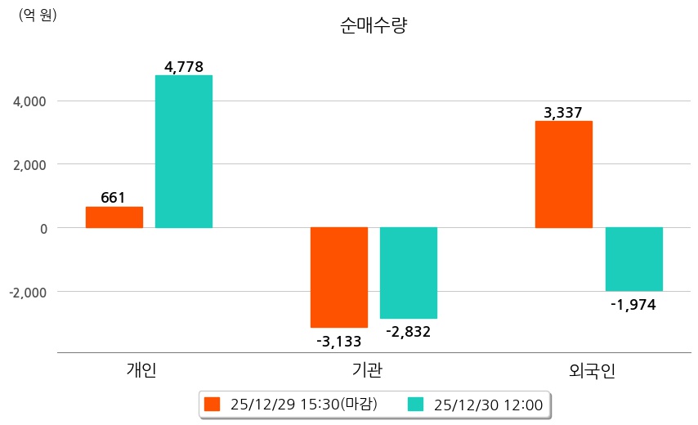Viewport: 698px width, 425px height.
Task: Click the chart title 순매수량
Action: coord(374,26)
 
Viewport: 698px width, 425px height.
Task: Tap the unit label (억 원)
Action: coord(38,15)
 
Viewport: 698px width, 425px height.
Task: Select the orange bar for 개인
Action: coord(114,217)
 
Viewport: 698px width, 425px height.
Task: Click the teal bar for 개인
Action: coord(184,151)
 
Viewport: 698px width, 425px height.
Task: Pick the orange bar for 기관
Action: coord(339,277)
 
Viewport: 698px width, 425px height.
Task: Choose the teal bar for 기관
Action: coord(409,272)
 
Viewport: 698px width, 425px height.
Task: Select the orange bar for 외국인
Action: coord(564,174)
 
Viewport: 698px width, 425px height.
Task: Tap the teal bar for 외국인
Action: coord(634,259)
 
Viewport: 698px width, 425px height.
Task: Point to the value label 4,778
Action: coord(184,67)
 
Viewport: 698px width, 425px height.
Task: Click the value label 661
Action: coord(114,198)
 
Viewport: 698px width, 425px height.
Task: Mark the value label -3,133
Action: coord(339,341)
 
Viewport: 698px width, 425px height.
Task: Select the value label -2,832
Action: coord(408,332)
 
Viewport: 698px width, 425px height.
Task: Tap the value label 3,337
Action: coord(563,113)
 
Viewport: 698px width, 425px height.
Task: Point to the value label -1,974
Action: coord(633,305)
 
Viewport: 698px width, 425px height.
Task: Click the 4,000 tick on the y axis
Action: coord(31,101)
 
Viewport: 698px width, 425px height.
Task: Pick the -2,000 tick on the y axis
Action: coord(29,292)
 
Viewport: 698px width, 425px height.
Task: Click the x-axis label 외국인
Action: coord(592,370)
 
